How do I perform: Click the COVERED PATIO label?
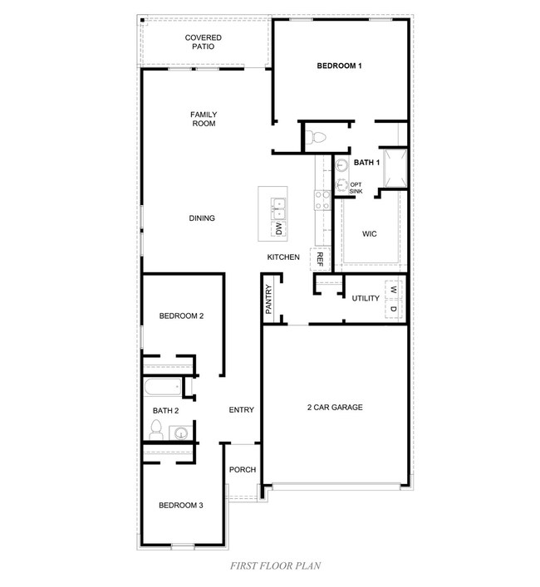tap(203, 42)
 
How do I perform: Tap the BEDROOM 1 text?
tap(338, 66)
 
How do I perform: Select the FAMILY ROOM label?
tap(203, 119)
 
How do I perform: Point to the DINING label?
tap(201, 218)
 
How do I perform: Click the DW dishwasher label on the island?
tap(279, 229)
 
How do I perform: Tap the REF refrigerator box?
tap(319, 258)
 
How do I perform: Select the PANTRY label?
tap(269, 300)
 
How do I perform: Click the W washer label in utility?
tap(394, 290)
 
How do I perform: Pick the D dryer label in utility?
tap(394, 309)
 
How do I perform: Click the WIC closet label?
tap(370, 234)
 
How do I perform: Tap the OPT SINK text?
tap(356, 188)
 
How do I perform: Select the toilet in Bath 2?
tap(155, 429)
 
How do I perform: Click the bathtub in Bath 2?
tap(161, 388)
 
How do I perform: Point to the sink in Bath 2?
tap(180, 432)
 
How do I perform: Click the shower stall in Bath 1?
tap(393, 169)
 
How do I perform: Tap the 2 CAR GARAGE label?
tap(335, 408)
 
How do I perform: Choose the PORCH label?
tap(243, 470)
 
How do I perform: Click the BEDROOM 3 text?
tap(181, 505)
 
